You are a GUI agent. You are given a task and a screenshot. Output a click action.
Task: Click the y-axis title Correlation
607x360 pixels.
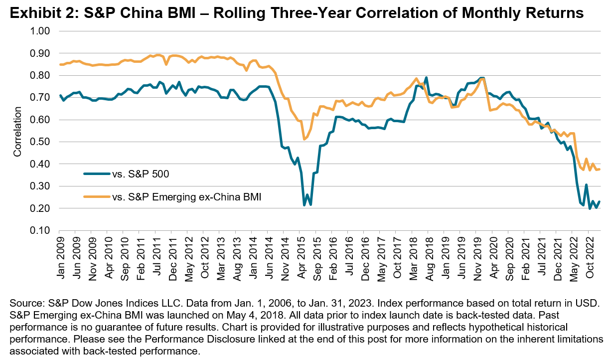point(17,131)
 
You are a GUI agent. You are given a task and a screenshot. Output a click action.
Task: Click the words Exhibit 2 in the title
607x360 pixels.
point(33,13)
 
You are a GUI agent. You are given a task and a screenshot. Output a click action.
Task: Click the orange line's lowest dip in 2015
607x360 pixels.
point(304,139)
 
